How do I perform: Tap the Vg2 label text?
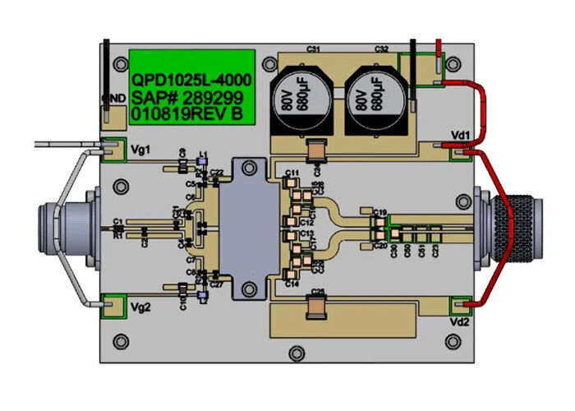140,308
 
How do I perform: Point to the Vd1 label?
460,134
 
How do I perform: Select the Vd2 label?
460,323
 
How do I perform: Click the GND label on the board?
113,99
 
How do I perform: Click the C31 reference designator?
313,50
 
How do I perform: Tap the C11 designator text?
292,172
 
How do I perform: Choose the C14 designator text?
291,284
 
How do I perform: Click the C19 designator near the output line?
379,213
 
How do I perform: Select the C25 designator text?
319,293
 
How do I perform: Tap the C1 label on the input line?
118,221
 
